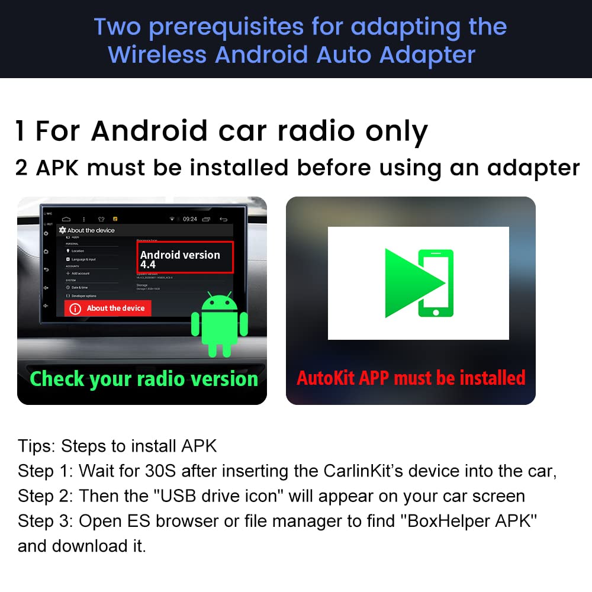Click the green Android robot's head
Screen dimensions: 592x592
(x=220, y=304)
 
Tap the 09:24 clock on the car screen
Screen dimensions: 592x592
(x=190, y=219)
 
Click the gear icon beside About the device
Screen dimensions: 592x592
(x=62, y=230)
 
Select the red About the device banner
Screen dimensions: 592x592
(x=108, y=308)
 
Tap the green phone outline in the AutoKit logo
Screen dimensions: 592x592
(x=436, y=283)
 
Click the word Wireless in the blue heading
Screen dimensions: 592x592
(x=157, y=54)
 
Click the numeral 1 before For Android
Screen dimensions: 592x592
(x=21, y=131)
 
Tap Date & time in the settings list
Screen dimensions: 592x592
(x=79, y=287)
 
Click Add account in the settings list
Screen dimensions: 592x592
(x=81, y=273)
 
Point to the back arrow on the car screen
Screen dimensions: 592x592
(x=223, y=219)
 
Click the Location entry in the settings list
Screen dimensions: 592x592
(x=78, y=251)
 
